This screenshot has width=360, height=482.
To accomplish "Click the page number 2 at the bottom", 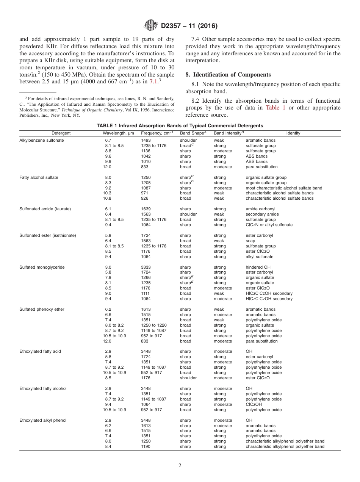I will [x=180, y=466].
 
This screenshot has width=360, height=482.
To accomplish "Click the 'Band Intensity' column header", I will [x=229, y=133].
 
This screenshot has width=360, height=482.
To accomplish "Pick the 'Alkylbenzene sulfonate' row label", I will [x=42, y=140].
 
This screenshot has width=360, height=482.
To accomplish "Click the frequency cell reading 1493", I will [x=146, y=140].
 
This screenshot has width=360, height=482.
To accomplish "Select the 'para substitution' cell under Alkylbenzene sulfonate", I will [x=261, y=167].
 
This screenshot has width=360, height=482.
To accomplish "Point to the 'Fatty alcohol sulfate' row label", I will [x=39, y=177].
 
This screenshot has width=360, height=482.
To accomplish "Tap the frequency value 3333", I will [x=146, y=267].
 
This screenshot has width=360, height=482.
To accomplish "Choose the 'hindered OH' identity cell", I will [x=258, y=267].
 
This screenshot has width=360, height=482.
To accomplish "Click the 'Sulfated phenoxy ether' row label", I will [x=42, y=309].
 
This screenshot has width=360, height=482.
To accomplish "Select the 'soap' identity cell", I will [x=250, y=241].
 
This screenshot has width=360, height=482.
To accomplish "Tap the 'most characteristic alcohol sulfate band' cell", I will [x=284, y=188].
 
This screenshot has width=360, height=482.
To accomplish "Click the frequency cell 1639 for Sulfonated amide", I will [x=146, y=209].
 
